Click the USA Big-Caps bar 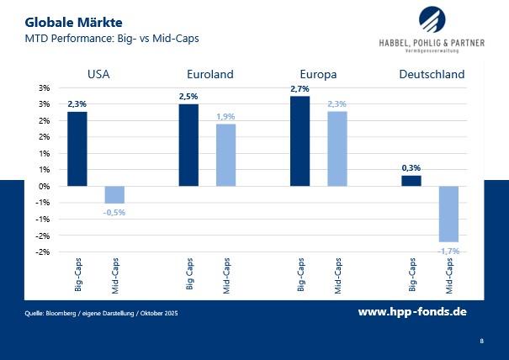click(x=77, y=149)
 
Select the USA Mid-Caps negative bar click(x=114, y=194)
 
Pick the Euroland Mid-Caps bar click(x=225, y=155)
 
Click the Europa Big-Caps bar click(x=300, y=141)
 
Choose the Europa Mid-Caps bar click(x=337, y=149)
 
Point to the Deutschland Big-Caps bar click(x=411, y=180)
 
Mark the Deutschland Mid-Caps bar click(x=448, y=214)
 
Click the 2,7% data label click(x=300, y=88)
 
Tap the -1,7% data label click(x=448, y=251)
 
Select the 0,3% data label click(x=411, y=167)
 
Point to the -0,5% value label click(x=114, y=212)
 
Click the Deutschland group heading click(x=431, y=74)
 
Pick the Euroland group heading click(x=207, y=74)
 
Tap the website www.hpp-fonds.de click(x=412, y=311)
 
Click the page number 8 click(x=481, y=341)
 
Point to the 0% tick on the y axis click(x=45, y=186)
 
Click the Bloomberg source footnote click(x=102, y=313)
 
